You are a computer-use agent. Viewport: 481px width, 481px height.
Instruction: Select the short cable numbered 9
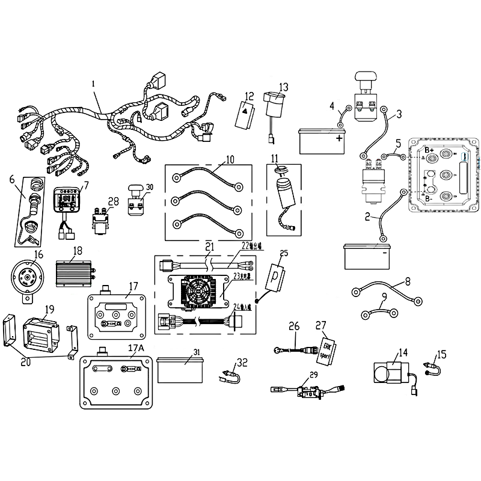[379, 313]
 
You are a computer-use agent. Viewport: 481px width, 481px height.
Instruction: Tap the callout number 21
[209, 247]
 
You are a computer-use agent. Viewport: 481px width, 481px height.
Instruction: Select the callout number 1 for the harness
[93, 84]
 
